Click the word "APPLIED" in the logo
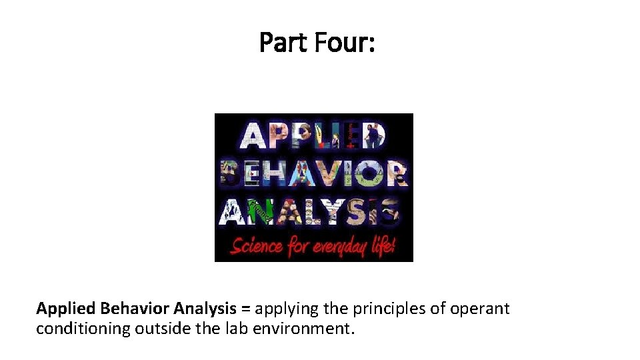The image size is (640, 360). point(313,136)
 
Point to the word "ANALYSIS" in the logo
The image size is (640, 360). point(311,211)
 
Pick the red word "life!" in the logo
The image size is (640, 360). point(383,245)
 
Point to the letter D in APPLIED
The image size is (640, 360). point(373,136)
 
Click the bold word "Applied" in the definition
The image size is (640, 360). point(65,309)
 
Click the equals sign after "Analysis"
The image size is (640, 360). point(246,309)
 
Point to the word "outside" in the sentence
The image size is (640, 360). point(159,329)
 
